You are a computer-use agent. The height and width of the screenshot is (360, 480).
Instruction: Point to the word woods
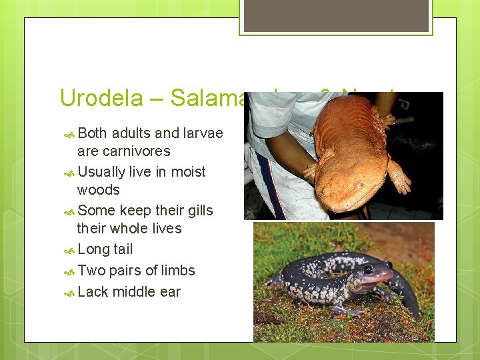(99, 189)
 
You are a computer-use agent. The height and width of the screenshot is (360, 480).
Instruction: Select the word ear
(170, 292)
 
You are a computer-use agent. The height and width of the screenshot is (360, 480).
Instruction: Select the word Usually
(101, 171)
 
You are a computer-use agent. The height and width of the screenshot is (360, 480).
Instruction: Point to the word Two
(91, 271)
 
